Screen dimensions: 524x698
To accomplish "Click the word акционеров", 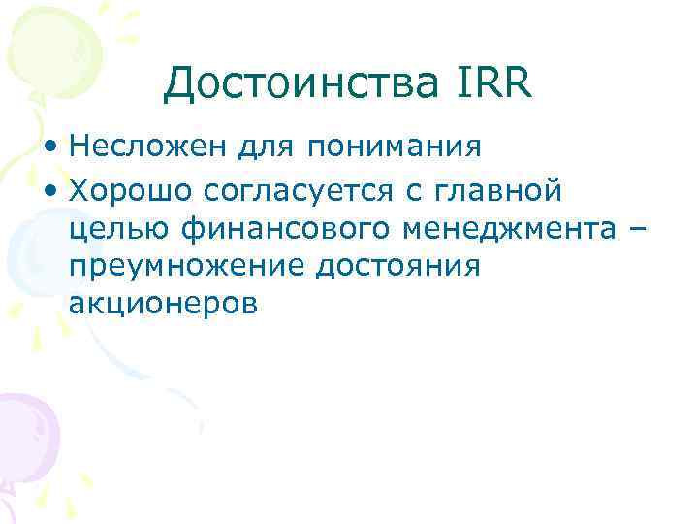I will click(163, 305).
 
